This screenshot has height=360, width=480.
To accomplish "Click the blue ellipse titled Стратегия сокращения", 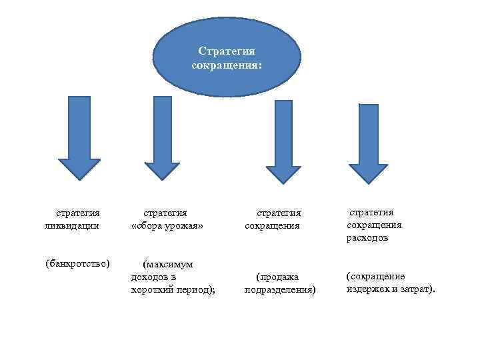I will (227, 58).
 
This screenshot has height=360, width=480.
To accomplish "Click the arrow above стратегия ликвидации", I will (79, 137).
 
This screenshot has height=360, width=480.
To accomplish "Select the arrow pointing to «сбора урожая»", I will (162, 137).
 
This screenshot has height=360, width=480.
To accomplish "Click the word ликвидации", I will (72, 225).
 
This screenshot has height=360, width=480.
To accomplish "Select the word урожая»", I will (184, 226).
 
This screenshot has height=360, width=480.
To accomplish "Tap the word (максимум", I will (168, 264).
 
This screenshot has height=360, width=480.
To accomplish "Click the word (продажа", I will (278, 277).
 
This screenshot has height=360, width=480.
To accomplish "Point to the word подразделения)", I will (280, 289).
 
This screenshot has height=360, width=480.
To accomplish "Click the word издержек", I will (368, 289).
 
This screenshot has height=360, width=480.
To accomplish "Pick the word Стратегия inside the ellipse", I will (227, 51).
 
